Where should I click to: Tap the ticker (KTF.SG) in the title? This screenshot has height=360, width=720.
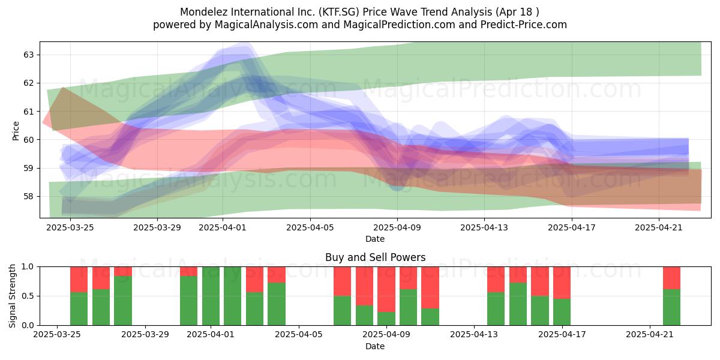pos(339,12)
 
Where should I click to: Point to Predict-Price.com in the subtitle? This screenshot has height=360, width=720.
pos(524,25)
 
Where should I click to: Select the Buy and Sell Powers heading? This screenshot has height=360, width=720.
pos(375,257)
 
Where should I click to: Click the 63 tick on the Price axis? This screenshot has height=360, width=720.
pos(28,55)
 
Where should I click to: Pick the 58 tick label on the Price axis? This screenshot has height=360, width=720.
pos(28,196)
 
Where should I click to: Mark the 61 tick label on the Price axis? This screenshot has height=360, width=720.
pos(28,112)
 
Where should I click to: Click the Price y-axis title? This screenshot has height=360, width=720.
pos(16,131)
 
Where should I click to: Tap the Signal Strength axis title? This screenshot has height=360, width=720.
pos(12,296)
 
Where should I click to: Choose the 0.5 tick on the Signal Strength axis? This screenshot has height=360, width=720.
pos(28,296)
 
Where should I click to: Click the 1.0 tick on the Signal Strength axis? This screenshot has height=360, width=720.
pos(28,267)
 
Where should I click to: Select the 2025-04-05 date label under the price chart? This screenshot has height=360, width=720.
pos(310,227)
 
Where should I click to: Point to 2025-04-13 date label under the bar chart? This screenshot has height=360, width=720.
pos(474,335)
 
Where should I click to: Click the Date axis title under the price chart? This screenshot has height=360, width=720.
pos(375,239)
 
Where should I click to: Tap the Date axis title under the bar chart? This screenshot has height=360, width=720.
pos(375,346)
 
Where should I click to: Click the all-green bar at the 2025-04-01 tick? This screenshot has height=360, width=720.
pos(211,296)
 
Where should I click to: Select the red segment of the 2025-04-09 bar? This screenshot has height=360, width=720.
pos(386,289)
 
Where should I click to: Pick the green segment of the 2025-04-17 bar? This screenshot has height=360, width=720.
pos(562,312)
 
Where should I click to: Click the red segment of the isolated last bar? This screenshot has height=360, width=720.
pos(672,278)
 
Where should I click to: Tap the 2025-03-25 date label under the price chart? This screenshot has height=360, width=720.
pos(70,227)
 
